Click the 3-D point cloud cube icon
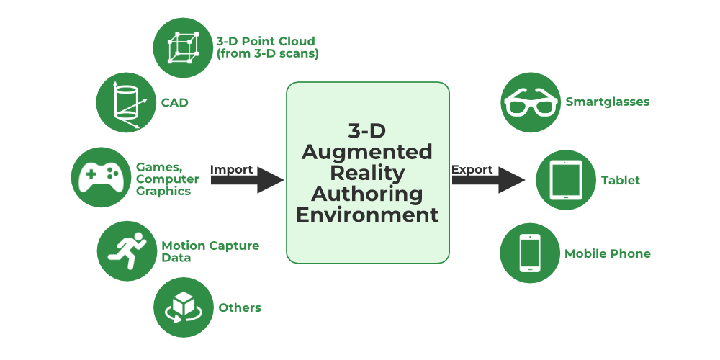(184, 47)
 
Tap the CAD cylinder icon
(127, 103)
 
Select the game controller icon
(101, 176)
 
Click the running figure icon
(127, 250)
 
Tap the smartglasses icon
(531, 102)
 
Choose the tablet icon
(566, 180)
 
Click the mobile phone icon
(531, 253)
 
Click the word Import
(231, 170)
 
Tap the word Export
(472, 170)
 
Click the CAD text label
(175, 103)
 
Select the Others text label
(240, 308)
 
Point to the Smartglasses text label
(608, 102)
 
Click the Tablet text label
(621, 181)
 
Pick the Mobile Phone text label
(608, 253)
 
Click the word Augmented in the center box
(367, 152)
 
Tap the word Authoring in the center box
(367, 194)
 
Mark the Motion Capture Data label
(210, 251)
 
